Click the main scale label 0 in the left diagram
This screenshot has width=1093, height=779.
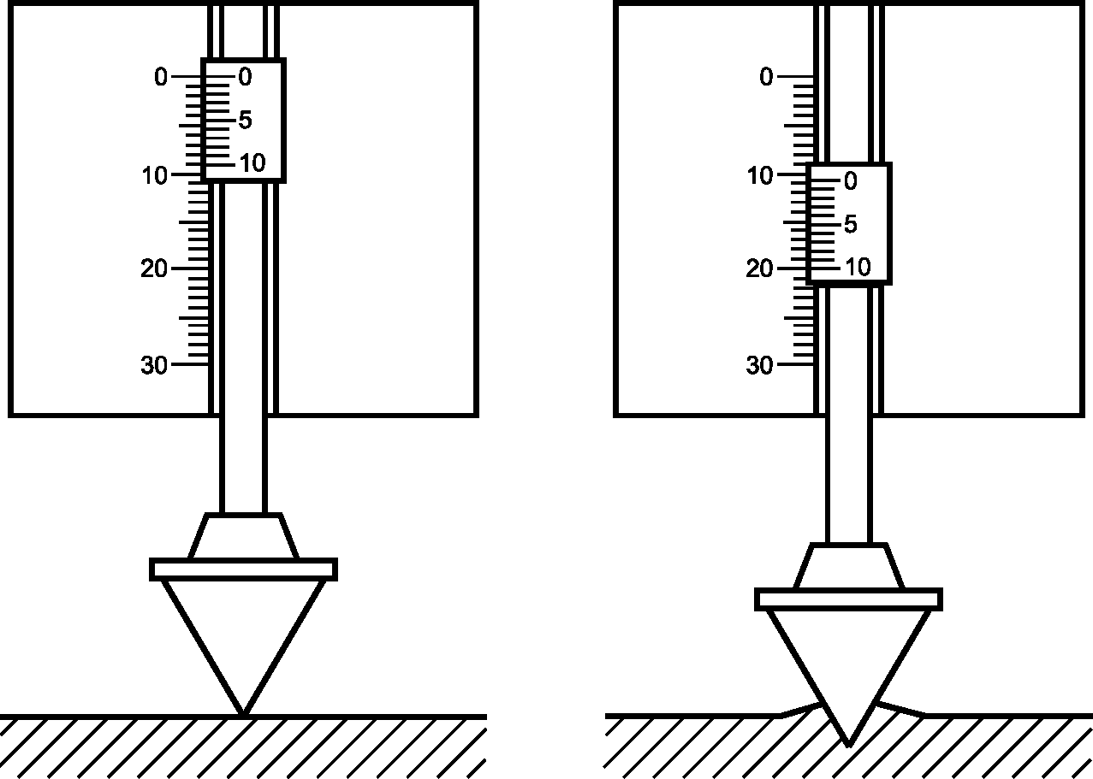pyautogui.click(x=161, y=77)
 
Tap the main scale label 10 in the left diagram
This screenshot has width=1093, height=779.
pyautogui.click(x=155, y=175)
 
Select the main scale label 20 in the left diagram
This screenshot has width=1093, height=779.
pyautogui.click(x=154, y=269)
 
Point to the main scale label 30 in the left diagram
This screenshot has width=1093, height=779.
pyautogui.click(x=154, y=365)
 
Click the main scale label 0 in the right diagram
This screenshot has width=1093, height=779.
pyautogui.click(x=767, y=77)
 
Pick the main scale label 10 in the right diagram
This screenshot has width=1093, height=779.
pyautogui.click(x=760, y=175)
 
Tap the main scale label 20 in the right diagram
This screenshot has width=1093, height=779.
pyautogui.click(x=760, y=269)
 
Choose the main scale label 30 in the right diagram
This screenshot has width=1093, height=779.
pyautogui.click(x=760, y=365)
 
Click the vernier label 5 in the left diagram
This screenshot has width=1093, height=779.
pyautogui.click(x=246, y=120)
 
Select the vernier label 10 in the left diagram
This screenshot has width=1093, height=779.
pyautogui.click(x=252, y=162)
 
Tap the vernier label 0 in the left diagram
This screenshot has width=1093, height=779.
pyautogui.click(x=246, y=77)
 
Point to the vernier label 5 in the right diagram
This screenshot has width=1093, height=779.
pyautogui.click(x=851, y=224)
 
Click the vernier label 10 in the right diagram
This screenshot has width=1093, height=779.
pyautogui.click(x=858, y=267)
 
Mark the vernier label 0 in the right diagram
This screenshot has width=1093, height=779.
pyautogui.click(x=851, y=181)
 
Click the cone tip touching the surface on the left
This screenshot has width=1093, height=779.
pyautogui.click(x=243, y=715)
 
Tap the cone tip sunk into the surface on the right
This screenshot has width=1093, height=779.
pyautogui.click(x=849, y=746)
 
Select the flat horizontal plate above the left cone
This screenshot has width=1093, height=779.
pyautogui.click(x=243, y=569)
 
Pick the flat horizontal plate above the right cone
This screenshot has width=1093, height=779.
pyautogui.click(x=849, y=599)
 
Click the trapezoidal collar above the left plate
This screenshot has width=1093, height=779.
pyautogui.click(x=243, y=535)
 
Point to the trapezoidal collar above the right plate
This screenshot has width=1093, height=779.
pyautogui.click(x=849, y=565)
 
